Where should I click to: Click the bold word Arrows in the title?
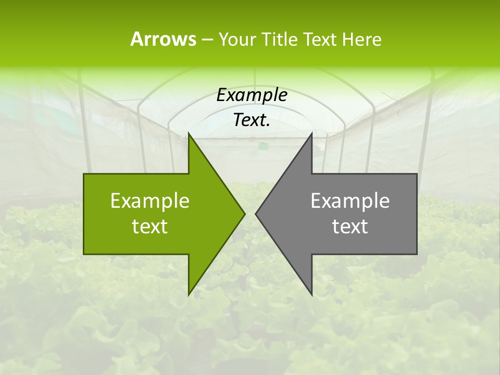coord(164,39)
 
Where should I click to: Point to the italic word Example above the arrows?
coord(252,95)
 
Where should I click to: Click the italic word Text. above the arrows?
coord(252,120)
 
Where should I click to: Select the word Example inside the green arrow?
coord(150,201)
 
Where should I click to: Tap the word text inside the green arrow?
coord(150,227)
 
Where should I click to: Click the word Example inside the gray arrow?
coord(350,201)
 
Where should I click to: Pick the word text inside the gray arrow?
coord(350,227)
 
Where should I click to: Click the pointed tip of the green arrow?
coord(244,214)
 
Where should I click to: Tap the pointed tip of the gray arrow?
coord(256,214)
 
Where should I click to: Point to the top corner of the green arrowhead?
coord(189,133)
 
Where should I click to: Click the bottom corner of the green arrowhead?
coord(189,295)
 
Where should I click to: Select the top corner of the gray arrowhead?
coord(311,133)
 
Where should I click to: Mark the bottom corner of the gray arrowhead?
coord(311,295)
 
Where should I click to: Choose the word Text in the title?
coord(319,40)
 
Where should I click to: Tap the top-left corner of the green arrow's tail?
coord(84,174)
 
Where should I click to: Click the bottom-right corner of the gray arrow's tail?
coord(417,254)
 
